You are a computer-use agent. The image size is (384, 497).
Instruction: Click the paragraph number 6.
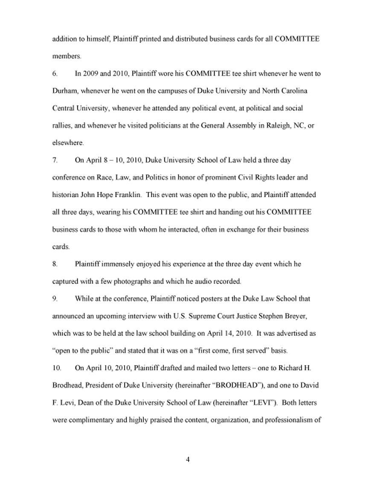[55, 74]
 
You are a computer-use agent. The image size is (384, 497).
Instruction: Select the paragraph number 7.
[55, 160]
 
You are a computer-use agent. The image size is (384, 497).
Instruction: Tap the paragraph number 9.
[55, 299]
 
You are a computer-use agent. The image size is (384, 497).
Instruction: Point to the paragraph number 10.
[56, 368]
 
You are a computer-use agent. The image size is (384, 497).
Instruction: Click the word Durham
[64, 91]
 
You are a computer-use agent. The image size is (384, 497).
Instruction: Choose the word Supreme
[205, 316]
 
